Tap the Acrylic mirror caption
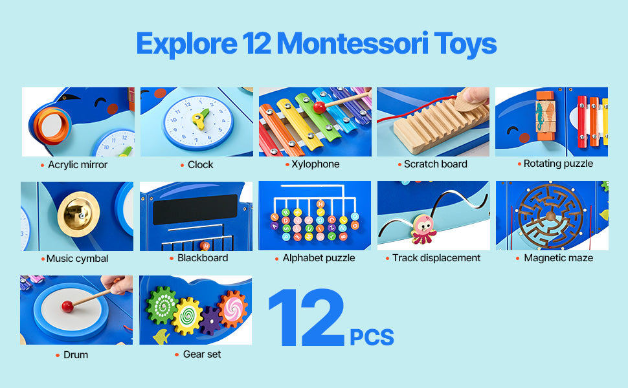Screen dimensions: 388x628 (78, 165)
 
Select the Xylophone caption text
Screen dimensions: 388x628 (315, 164)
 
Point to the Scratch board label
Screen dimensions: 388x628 (435, 164)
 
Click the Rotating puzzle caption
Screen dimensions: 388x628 (558, 164)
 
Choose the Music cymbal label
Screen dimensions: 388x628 (77, 259)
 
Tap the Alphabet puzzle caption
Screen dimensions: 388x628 (319, 258)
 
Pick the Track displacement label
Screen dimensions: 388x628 (436, 258)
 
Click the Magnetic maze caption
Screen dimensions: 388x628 (558, 258)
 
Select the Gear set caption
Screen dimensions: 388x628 (202, 354)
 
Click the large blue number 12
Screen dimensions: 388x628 (306, 320)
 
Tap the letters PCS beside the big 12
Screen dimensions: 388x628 (372, 337)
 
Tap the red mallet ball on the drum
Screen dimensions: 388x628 (67, 307)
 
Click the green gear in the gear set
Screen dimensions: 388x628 (161, 305)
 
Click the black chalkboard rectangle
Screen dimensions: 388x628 (195, 210)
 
